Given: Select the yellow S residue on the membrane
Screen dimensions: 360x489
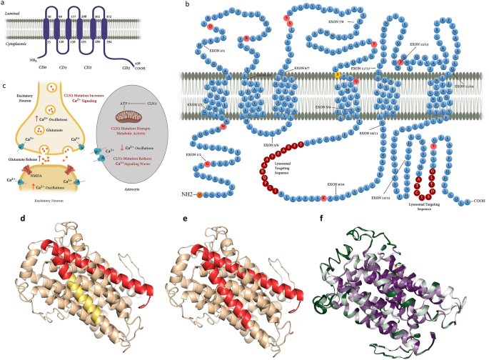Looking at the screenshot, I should [x=338, y=75].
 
